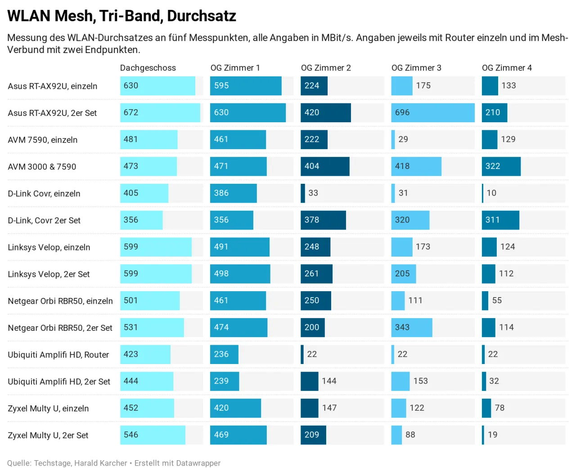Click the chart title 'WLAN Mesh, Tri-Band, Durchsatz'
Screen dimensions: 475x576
point(121,16)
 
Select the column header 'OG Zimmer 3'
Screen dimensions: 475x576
point(416,68)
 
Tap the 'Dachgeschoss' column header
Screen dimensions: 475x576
point(148,68)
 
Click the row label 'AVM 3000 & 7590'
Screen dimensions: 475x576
point(42,167)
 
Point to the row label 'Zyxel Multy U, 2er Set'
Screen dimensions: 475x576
point(48,435)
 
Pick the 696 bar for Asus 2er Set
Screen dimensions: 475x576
point(432,113)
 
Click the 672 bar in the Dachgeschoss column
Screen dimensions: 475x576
point(160,113)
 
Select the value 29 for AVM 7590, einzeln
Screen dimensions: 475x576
point(403,139)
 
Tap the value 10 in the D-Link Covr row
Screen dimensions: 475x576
point(491,193)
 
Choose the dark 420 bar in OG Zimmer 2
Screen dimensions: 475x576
point(325,113)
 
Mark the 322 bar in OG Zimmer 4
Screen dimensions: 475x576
point(501,166)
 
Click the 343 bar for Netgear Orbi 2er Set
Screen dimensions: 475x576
point(411,328)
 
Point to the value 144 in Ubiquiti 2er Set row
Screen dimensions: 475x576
point(329,381)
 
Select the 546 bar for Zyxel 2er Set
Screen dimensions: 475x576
point(153,435)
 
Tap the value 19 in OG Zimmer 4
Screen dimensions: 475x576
point(493,435)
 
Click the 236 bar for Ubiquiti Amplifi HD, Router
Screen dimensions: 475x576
point(224,355)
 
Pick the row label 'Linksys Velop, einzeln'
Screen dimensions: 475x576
point(49,248)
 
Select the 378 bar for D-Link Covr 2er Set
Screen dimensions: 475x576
point(323,220)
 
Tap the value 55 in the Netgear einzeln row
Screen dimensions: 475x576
point(497,301)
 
